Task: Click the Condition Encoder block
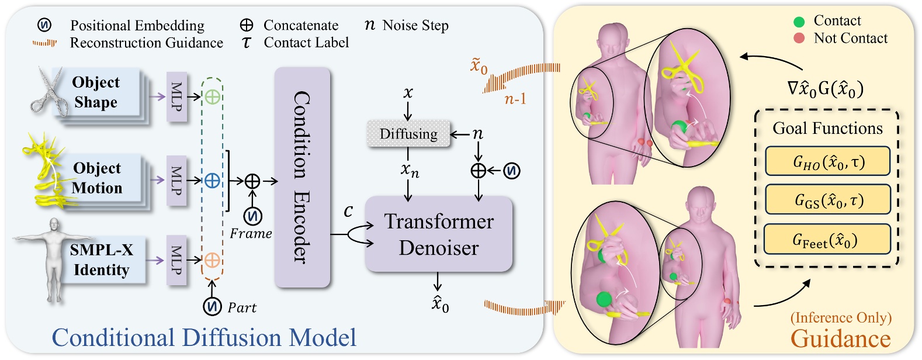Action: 302,177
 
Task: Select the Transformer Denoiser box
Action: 438,234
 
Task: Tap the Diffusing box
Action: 408,134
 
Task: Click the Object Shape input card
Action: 97,93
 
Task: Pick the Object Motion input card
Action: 98,178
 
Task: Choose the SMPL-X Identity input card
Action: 100,260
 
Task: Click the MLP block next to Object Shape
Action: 176,97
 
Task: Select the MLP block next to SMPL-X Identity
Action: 176,261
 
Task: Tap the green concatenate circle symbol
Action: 212,97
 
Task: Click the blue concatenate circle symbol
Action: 212,181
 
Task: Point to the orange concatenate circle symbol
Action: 212,260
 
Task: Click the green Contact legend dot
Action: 799,22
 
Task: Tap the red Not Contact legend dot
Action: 799,39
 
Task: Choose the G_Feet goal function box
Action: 827,240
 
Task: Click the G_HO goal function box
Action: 827,161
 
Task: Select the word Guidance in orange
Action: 840,338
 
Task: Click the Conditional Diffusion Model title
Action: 204,338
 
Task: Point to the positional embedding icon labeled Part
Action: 212,306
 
